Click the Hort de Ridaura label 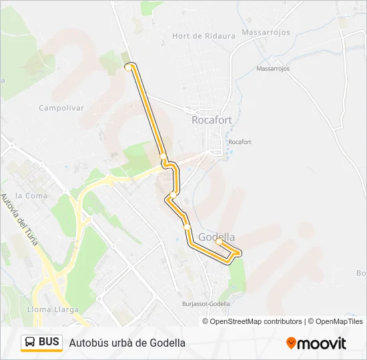[x=204, y=36]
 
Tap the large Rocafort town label [x=212, y=121]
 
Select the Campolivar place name [x=61, y=107]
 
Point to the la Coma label [x=30, y=195]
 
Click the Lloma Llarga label [x=53, y=309]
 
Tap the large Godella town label [x=217, y=237]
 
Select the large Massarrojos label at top [x=265, y=32]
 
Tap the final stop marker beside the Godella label [x=219, y=243]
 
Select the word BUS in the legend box [x=49, y=343]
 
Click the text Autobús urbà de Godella [x=127, y=343]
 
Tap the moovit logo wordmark [x=322, y=343]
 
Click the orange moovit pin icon [x=291, y=343]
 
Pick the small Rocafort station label [x=240, y=142]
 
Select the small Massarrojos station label [x=273, y=69]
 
